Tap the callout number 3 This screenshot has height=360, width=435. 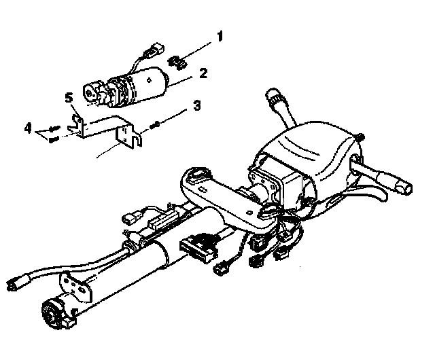(196, 105)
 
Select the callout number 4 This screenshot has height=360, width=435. (29, 127)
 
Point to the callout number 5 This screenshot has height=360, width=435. (69, 99)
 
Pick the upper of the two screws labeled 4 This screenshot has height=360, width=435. (53, 130)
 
